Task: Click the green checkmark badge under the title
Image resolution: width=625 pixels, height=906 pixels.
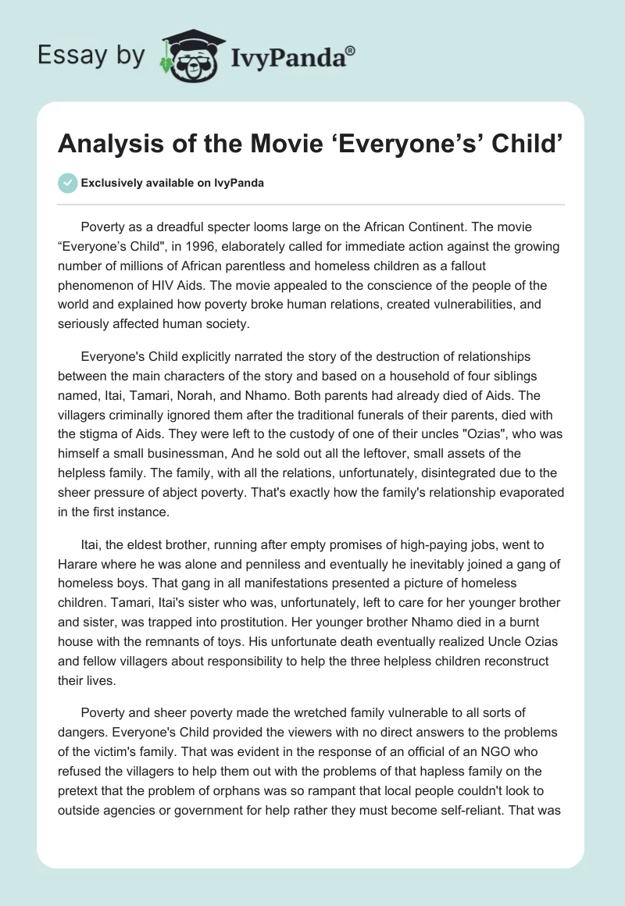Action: click(x=67, y=183)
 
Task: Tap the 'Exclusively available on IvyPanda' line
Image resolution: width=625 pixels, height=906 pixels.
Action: click(x=173, y=183)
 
